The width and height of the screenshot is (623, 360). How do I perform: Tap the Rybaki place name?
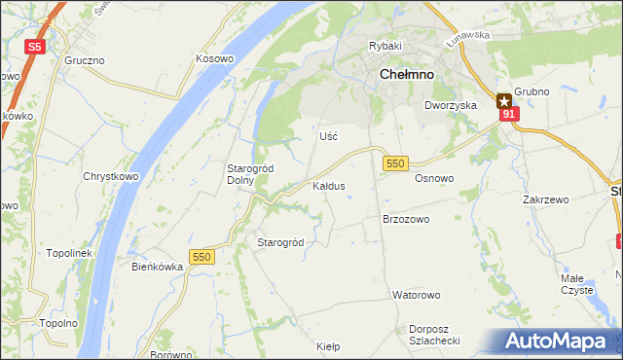[385, 46]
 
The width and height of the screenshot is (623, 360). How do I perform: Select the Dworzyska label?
[450, 104]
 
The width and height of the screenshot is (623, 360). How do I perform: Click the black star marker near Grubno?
[504, 99]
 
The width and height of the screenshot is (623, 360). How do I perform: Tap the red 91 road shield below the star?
[508, 115]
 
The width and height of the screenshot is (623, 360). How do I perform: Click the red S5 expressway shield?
[35, 46]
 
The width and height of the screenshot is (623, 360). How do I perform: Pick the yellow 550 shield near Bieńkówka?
[202, 256]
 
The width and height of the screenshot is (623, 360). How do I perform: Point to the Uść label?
[328, 136]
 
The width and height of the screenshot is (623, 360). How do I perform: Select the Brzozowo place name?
[406, 220]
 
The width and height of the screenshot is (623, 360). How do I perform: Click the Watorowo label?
[417, 294]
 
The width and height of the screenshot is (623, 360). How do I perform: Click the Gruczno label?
[85, 59]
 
